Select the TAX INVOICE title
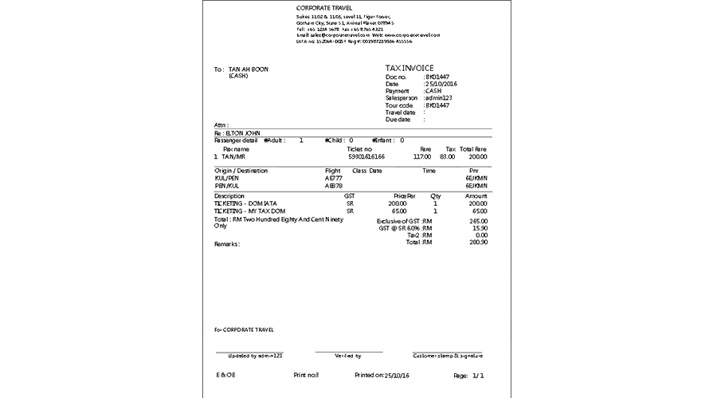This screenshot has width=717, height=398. [x=409, y=69]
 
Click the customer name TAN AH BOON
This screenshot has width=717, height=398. [x=249, y=69]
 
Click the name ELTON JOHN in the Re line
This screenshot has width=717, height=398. [x=244, y=132]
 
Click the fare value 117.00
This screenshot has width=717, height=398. [x=421, y=157]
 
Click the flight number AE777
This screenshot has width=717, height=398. [x=334, y=178]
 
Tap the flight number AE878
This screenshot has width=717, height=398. [x=334, y=185]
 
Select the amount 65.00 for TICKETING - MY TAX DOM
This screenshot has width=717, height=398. [x=478, y=211]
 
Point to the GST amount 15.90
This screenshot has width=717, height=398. [x=479, y=228]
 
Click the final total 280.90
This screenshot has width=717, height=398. [x=478, y=242]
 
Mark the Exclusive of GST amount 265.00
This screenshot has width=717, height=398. [x=478, y=221]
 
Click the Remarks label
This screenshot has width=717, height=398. [x=227, y=244]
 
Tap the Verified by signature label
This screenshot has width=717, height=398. [x=348, y=356]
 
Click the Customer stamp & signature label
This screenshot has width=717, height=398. [x=449, y=356]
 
